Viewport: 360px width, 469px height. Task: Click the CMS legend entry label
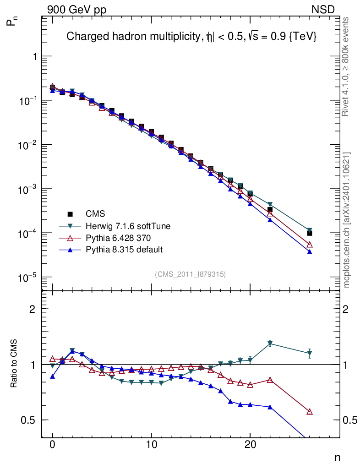click(95, 214)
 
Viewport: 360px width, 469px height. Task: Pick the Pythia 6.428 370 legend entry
click(118, 238)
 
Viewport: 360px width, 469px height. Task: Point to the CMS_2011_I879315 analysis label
click(191, 274)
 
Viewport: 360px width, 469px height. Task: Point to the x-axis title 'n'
click(337, 458)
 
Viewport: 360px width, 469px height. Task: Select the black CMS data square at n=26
click(310, 233)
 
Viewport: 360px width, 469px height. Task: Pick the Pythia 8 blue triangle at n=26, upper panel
click(310, 252)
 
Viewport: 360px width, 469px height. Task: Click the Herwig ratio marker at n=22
click(270, 343)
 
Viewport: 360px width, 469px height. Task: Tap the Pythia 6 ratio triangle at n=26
click(310, 412)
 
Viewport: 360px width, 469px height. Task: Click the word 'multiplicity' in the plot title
click(168, 37)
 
